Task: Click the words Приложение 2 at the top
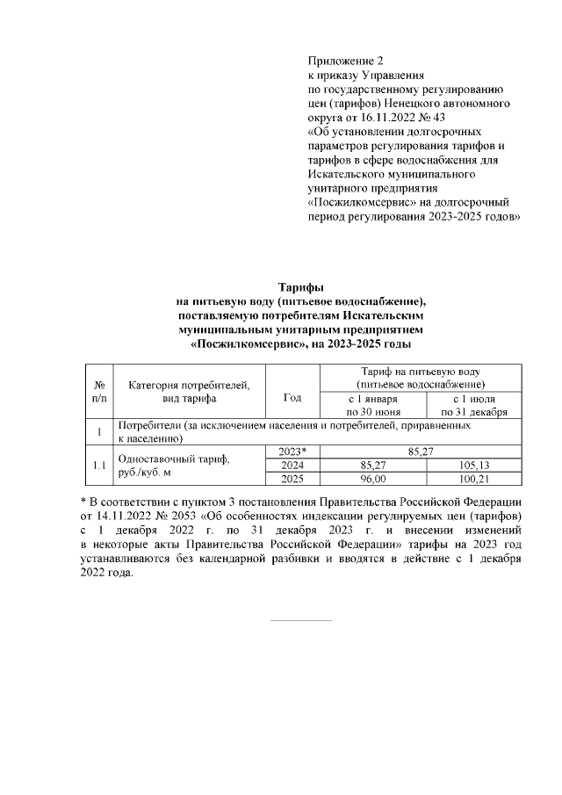[345, 61]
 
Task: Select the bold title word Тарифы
[301, 287]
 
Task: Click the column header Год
[292, 398]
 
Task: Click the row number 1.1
[99, 465]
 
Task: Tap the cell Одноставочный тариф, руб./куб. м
[173, 465]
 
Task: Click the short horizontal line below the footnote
[301, 621]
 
